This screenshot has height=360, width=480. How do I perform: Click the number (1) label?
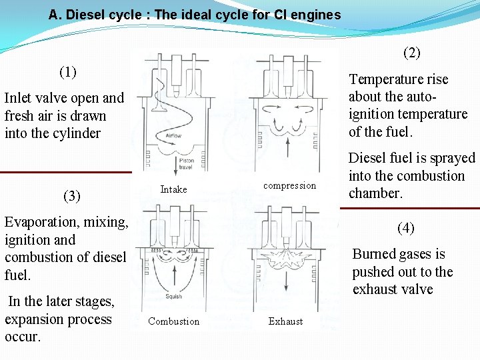coord(68,71)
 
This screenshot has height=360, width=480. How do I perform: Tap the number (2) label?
coord(412,52)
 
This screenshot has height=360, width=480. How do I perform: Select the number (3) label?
coord(71,196)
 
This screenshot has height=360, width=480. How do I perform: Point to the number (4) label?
coord(405,229)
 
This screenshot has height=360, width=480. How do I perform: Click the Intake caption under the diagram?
coord(173,189)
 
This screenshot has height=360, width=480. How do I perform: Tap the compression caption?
coord(289,185)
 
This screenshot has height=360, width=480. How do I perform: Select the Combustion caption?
coord(173,321)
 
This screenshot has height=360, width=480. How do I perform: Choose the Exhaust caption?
coord(285,321)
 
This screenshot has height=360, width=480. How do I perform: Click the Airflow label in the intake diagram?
coord(173,136)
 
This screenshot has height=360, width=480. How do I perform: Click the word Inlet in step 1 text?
coord(20,98)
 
